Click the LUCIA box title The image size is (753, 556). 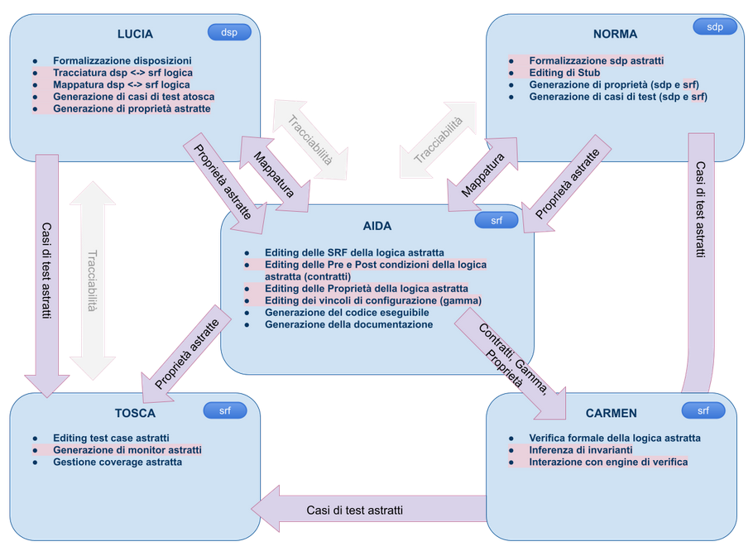click(135, 34)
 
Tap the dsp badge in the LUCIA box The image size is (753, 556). click(228, 32)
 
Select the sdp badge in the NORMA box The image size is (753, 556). click(715, 26)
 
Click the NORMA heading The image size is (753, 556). click(615, 34)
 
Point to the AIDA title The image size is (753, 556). click(376, 225)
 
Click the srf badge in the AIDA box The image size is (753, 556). click(496, 220)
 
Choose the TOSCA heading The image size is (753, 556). click(135, 413)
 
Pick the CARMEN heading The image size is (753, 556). click(612, 413)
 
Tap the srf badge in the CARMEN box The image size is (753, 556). click(703, 410)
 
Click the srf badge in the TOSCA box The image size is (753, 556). click(225, 410)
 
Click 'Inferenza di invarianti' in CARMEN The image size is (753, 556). click(581, 450)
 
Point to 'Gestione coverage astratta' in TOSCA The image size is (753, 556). click(118, 462)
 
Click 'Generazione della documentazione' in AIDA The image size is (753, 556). click(348, 324)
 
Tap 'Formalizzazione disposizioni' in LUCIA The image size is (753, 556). click(122, 60)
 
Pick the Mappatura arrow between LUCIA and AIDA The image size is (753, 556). click(274, 171)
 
